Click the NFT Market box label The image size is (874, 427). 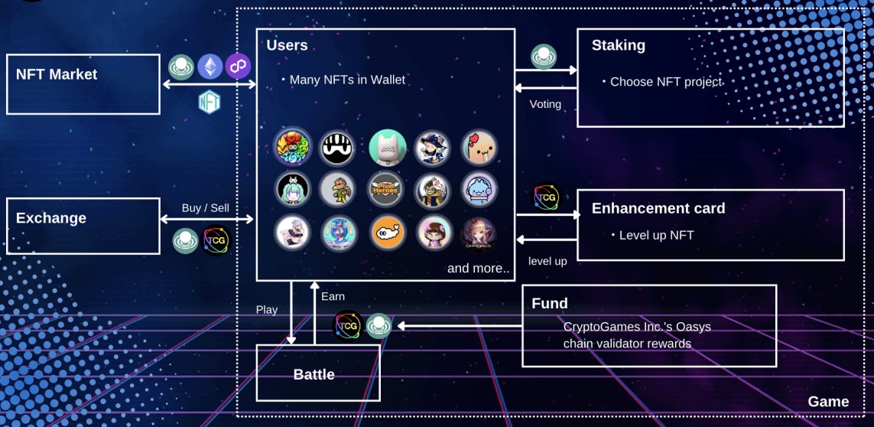coord(57,74)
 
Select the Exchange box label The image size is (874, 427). coord(51,218)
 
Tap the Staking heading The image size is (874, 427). coord(619,46)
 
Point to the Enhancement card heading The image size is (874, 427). coord(658,208)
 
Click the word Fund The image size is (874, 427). coord(550,304)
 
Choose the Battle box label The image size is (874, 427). coord(314,374)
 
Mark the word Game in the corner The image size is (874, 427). coord(828,402)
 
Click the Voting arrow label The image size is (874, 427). coord(545,104)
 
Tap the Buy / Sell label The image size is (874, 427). coord(206,207)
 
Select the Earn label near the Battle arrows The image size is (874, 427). coord(333,296)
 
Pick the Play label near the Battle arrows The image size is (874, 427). coord(267,310)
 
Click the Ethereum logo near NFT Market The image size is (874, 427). coord(210,67)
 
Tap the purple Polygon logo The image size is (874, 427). coord(238,67)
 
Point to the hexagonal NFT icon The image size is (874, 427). coord(210,101)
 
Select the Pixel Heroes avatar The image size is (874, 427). coord(387,189)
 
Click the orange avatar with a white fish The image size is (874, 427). coord(387,233)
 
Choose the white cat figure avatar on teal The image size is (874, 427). coord(387,148)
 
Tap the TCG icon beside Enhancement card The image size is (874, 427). coord(547,198)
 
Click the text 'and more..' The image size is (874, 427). coord(478,269)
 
